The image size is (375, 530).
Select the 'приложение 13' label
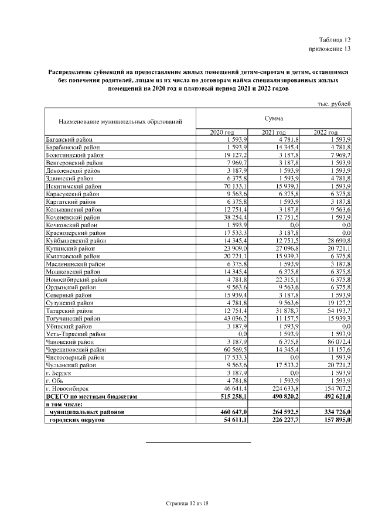click(x=330, y=49)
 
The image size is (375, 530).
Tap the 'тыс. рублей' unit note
click(x=333, y=104)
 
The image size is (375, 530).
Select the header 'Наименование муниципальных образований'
click(x=120, y=122)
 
